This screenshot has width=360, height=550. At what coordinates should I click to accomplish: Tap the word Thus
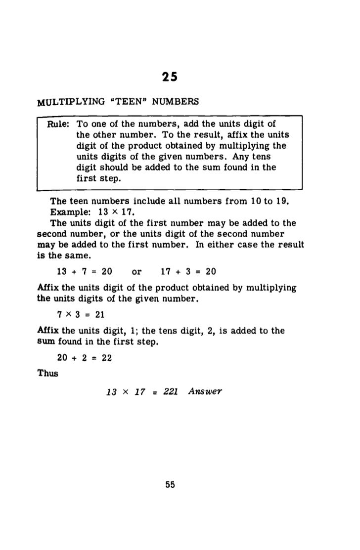[x=48, y=373]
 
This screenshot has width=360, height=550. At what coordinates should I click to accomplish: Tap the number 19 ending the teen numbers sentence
[x=288, y=202]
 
